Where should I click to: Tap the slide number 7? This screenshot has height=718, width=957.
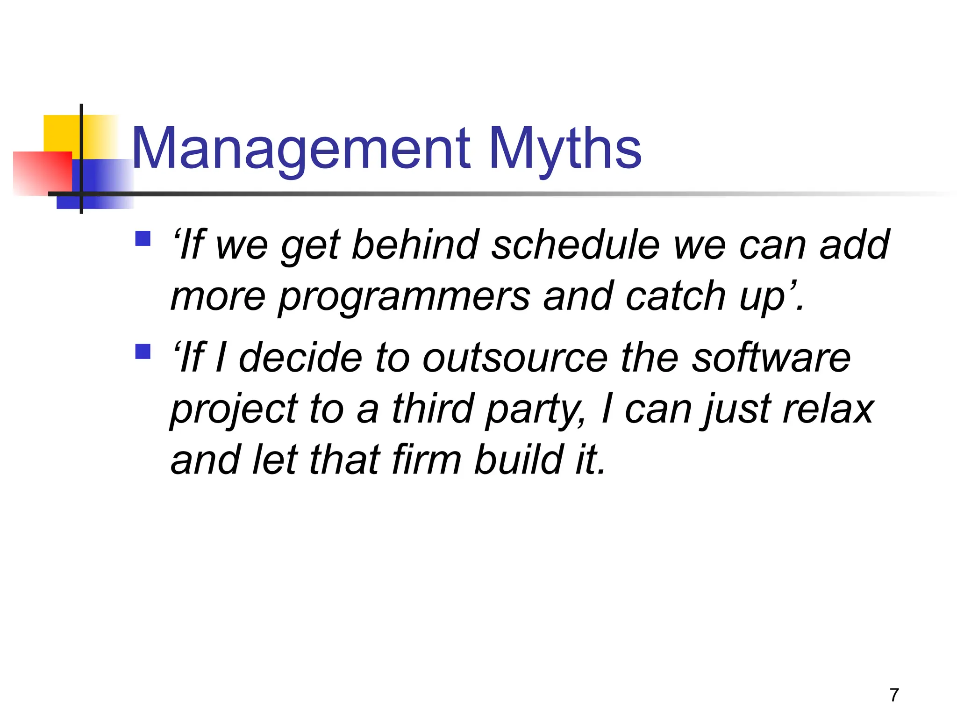(894, 695)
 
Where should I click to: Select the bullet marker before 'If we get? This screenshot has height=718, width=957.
(143, 238)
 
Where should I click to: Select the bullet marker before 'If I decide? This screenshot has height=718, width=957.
(143, 351)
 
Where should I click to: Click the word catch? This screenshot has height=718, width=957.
(675, 297)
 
